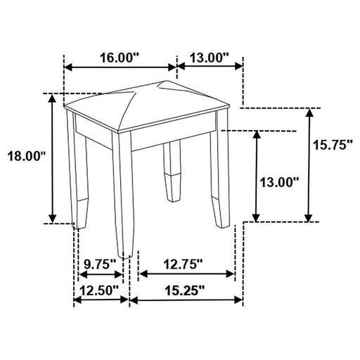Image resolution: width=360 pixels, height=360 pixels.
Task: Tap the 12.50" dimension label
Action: [x=98, y=288]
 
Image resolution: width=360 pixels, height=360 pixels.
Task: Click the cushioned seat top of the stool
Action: [x=148, y=105]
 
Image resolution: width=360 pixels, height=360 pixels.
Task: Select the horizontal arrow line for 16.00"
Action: [x=120, y=67]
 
